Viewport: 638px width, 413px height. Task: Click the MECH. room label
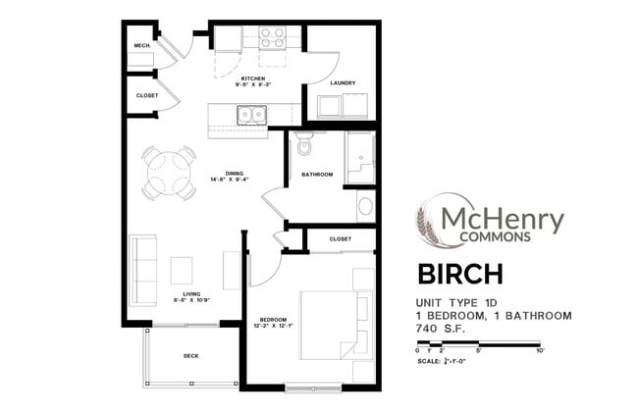(140, 46)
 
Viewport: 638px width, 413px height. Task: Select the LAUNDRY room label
(342, 82)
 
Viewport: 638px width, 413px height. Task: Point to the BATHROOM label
(317, 175)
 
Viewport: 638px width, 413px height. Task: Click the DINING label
(234, 174)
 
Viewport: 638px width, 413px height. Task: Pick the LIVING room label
(190, 293)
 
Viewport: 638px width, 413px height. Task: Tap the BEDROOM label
(272, 321)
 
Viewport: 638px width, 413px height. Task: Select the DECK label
(191, 356)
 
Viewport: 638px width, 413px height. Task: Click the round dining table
(168, 174)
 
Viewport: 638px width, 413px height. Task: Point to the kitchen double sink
(250, 116)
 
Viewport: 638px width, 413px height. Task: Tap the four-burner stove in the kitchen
(271, 37)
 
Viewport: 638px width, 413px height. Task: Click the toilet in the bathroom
(303, 145)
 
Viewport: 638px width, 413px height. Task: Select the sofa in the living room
(143, 270)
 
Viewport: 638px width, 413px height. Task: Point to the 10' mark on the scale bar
(540, 350)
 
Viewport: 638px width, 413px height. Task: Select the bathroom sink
(365, 206)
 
